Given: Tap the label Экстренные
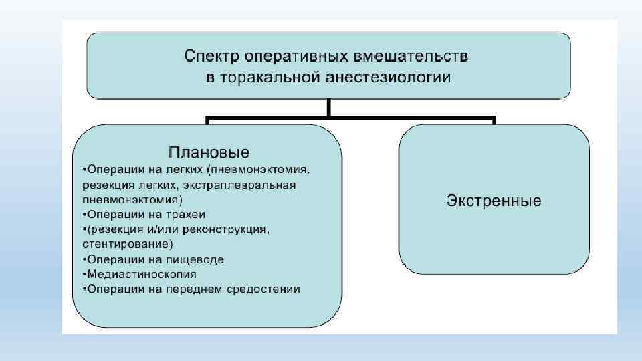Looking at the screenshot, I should [x=494, y=201].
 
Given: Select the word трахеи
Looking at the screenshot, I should [x=187, y=215].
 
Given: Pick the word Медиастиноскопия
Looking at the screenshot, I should [x=142, y=274].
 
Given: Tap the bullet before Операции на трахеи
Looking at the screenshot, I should [x=84, y=215].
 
